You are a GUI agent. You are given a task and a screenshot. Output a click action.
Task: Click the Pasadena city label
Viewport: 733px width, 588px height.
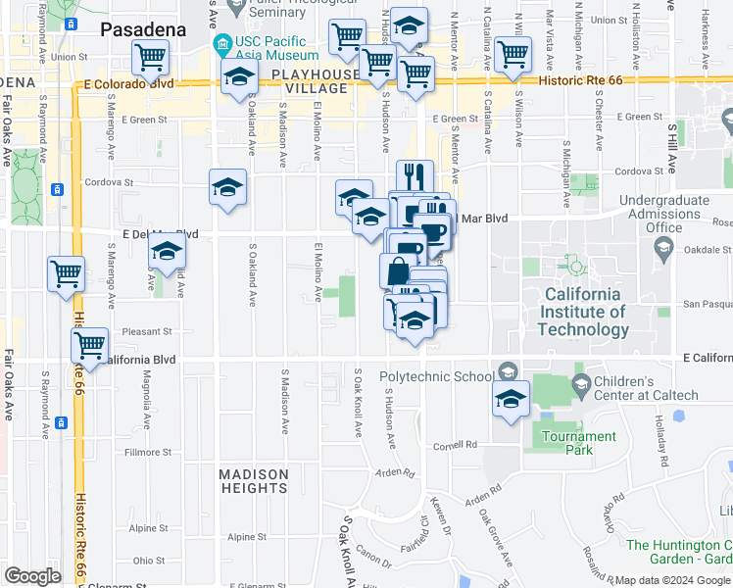click(x=143, y=29)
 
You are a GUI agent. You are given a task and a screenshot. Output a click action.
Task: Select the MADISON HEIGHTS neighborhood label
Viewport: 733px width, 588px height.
click(x=254, y=481)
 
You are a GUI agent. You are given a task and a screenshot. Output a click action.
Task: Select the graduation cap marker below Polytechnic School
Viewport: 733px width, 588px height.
click(x=511, y=398)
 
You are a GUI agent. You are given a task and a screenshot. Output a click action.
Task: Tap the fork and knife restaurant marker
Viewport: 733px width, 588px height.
click(x=415, y=176)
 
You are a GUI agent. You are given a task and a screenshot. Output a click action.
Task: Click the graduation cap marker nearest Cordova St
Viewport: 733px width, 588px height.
click(x=227, y=185)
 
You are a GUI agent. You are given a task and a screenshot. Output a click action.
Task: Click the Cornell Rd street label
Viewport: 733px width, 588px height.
click(x=458, y=444)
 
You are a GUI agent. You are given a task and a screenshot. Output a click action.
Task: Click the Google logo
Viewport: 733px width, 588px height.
click(x=32, y=576)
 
